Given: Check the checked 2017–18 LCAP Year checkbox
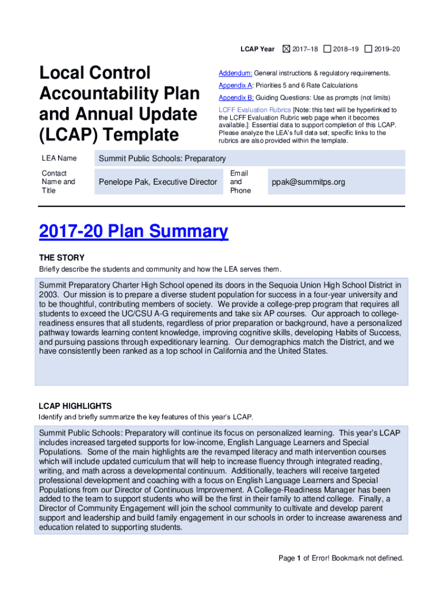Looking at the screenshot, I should click(287, 49).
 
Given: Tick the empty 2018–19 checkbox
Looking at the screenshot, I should click(327, 49).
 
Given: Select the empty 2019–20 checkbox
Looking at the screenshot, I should click(368, 49).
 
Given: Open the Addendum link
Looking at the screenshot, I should click(235, 74).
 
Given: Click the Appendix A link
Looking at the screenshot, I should click(236, 86).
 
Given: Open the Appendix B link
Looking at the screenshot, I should click(236, 98).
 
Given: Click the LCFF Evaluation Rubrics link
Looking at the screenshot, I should click(255, 110).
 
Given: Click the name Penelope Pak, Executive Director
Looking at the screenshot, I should click(158, 182).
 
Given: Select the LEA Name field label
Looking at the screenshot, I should click(59, 158).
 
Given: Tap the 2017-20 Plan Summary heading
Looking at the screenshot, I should click(133, 231).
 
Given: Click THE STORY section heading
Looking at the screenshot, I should click(62, 258).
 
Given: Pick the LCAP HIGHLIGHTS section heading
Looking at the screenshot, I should click(75, 406).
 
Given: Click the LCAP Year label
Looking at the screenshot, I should click(257, 49).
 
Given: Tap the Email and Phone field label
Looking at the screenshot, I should click(240, 182).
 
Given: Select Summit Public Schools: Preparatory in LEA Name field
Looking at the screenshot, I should click(162, 158).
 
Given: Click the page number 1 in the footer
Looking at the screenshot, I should click(299, 558).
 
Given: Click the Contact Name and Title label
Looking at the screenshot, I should click(58, 182).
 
